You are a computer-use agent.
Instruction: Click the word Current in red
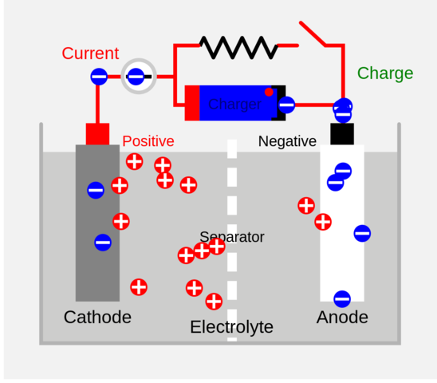(90, 54)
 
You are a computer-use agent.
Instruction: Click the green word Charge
(384, 73)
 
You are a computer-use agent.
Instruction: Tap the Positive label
(148, 141)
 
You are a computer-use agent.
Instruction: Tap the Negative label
(287, 141)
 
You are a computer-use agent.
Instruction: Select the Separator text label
(231, 237)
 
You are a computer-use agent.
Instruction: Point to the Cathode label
(97, 318)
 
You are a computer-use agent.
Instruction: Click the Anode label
(342, 318)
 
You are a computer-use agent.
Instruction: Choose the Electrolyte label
(231, 327)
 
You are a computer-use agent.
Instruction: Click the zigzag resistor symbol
(238, 48)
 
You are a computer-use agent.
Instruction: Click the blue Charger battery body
(234, 104)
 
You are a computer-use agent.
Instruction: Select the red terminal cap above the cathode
(97, 133)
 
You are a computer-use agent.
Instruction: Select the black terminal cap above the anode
(342, 133)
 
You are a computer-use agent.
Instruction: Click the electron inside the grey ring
(136, 77)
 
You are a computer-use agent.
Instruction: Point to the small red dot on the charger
(269, 93)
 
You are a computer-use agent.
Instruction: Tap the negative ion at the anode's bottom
(342, 299)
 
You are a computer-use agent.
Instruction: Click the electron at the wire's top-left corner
(98, 77)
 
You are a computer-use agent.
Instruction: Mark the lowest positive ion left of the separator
(214, 302)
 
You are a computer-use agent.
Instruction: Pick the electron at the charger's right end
(286, 104)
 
